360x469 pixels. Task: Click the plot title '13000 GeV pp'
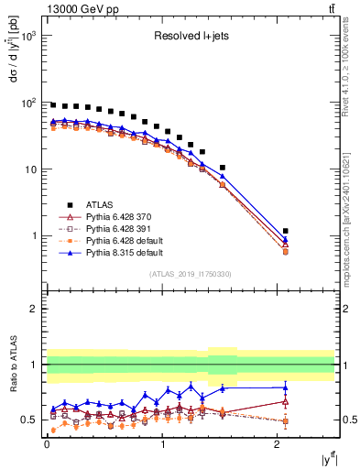click(78, 8)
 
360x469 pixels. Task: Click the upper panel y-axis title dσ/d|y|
click(14, 64)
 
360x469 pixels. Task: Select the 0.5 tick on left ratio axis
click(30, 420)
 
